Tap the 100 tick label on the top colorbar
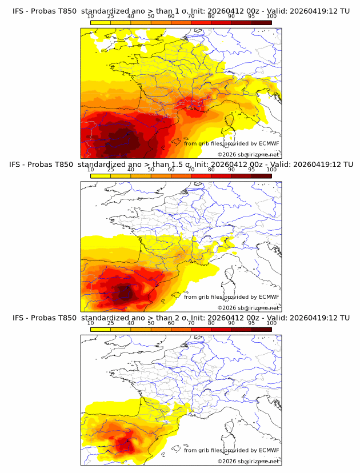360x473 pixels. [271, 17]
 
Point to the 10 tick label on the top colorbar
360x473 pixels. [90, 17]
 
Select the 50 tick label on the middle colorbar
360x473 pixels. [151, 170]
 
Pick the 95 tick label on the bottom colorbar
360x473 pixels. [251, 323]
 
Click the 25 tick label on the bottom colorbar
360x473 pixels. [110, 323]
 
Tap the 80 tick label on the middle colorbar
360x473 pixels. [211, 170]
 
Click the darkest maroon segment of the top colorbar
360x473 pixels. [261, 22]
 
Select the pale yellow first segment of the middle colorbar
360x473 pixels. [100, 175]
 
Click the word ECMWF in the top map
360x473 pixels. [269, 143]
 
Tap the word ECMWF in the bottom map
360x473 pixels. [269, 450]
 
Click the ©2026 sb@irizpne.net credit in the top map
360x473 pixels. [249, 155]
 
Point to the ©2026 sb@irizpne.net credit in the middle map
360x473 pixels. [249, 308]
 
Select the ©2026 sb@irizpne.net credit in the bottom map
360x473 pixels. [249, 461]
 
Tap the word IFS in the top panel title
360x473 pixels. [18, 11]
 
